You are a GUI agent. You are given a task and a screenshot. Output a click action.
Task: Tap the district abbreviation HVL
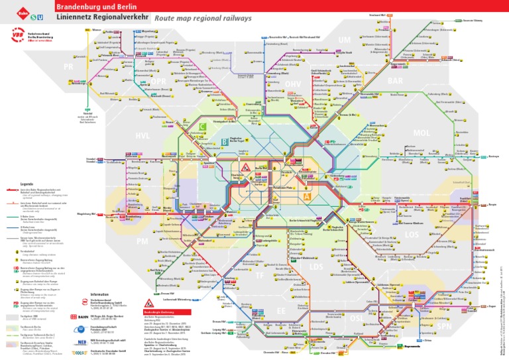click(x=142, y=135)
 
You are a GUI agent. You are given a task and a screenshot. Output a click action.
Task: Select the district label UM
click(x=344, y=41)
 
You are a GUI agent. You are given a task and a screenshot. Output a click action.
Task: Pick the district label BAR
click(x=395, y=80)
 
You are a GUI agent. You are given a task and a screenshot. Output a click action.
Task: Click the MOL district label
click(x=422, y=133)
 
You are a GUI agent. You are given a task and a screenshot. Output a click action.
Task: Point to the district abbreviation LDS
click(x=317, y=267)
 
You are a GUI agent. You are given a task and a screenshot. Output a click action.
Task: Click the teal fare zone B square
click(x=225, y=141)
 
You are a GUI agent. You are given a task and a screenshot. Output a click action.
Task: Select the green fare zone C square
click(x=202, y=126)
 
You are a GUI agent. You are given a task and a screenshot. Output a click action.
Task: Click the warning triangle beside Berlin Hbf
click(x=245, y=167)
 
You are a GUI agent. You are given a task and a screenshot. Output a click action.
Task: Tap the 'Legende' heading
click(x=27, y=184)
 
